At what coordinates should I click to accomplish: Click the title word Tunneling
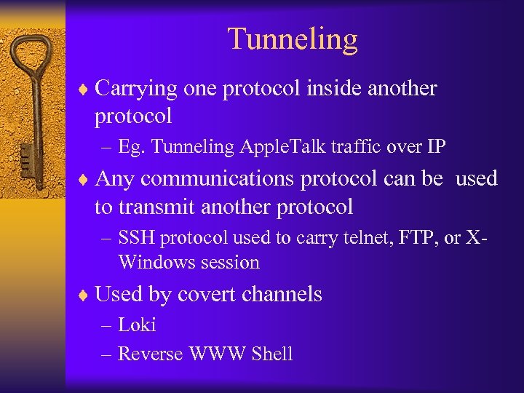tap(293, 39)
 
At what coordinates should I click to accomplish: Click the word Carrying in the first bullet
tap(136, 89)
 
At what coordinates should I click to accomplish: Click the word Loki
tap(137, 325)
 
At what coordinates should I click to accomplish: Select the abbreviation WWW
tap(218, 354)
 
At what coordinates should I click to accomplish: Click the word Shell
tap(271, 354)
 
